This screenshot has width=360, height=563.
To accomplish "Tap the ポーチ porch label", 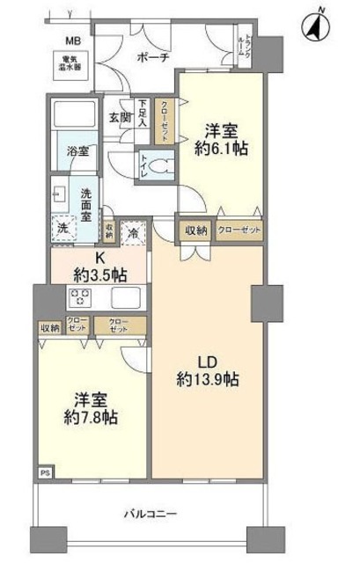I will click(x=153, y=57).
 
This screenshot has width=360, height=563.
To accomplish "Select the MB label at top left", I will click(x=66, y=40).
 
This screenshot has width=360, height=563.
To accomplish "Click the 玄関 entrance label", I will click(x=120, y=116).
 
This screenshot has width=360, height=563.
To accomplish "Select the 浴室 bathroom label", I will click(x=77, y=151).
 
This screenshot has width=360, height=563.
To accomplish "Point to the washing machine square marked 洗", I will click(x=62, y=226).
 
